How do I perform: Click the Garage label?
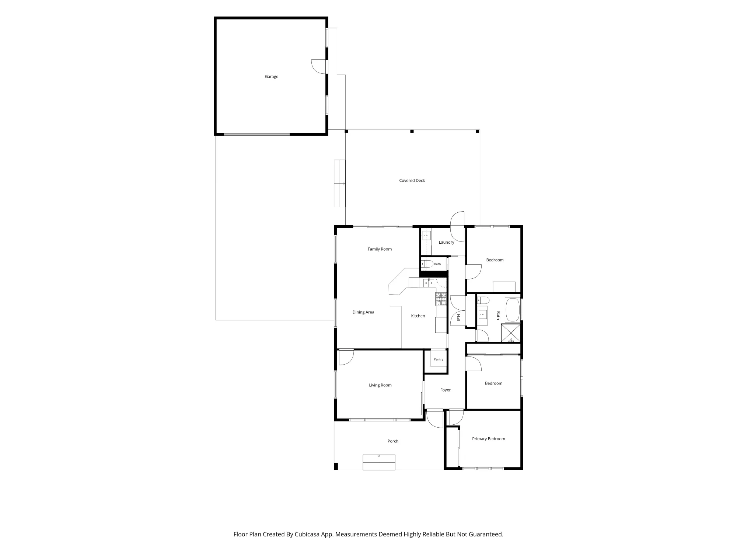271,77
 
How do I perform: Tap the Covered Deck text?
412,181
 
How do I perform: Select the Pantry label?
439,359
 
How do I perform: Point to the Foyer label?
445,390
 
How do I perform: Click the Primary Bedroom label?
489,439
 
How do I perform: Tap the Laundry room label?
446,242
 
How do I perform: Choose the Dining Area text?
363,312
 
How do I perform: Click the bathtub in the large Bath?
513,310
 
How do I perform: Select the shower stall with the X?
511,333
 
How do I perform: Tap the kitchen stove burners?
441,299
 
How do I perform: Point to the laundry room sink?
426,235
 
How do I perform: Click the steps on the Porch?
379,462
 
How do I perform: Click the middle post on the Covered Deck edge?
412,131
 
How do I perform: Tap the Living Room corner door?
346,358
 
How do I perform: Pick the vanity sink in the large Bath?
482,314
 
